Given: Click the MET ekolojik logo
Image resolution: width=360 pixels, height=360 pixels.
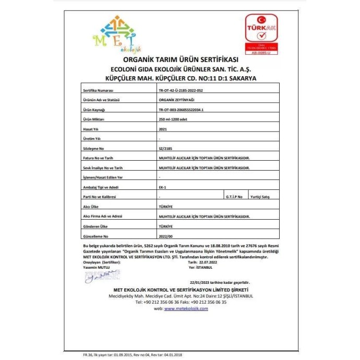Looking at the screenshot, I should [117, 35].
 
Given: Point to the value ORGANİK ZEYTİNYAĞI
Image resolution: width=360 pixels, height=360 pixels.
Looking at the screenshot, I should [176, 100].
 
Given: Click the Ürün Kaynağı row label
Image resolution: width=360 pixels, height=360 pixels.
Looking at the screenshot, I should [94, 110].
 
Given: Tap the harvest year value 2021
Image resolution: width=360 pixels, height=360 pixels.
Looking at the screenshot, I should [162, 129].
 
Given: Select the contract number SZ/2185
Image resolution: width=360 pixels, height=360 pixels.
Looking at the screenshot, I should [164, 149].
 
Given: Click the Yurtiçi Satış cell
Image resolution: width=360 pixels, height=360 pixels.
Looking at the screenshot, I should [260, 197].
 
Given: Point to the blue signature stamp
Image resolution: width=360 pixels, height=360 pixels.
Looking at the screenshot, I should [98, 276].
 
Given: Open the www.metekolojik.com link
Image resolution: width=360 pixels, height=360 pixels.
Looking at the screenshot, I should [186, 308].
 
